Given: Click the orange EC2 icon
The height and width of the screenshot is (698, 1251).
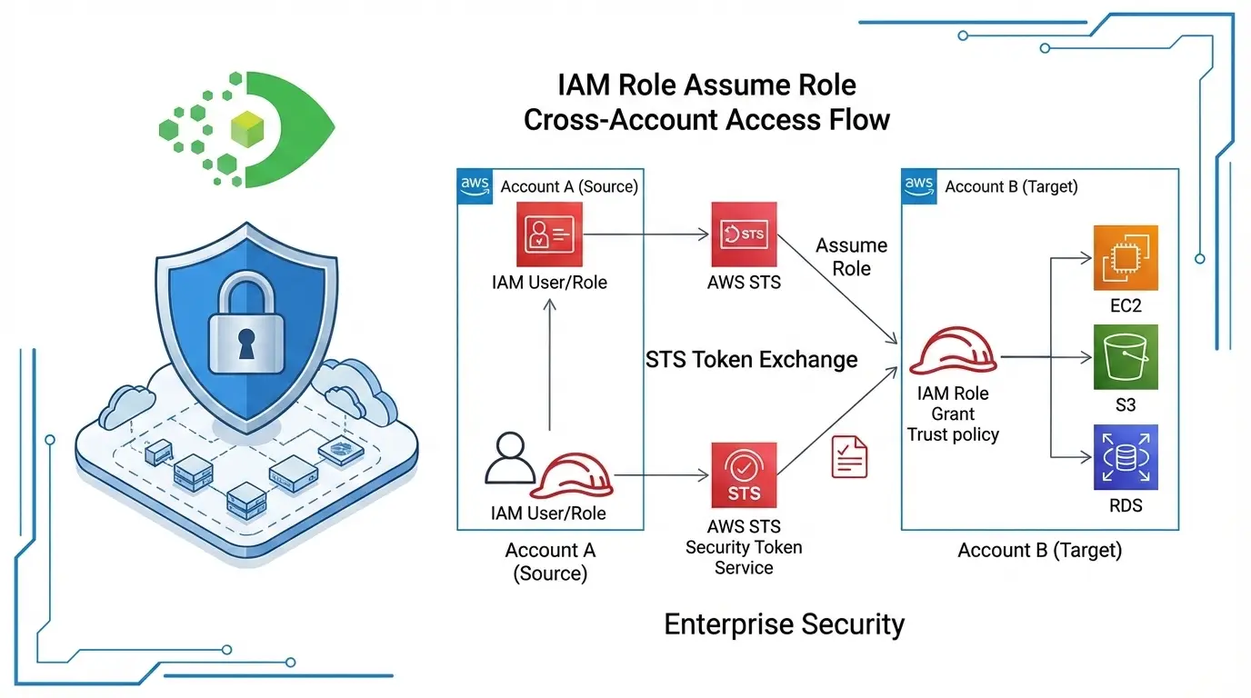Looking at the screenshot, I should tap(1126, 256).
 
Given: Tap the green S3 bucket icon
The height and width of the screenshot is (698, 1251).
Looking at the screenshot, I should tap(1126, 356).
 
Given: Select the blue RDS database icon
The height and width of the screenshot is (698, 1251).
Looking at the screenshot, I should tap(1126, 457).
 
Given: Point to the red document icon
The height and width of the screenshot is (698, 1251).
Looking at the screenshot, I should tap(850, 457).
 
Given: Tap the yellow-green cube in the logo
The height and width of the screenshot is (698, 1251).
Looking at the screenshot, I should tap(247, 130).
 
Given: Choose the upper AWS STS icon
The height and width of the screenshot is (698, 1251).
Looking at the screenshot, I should tap(744, 234).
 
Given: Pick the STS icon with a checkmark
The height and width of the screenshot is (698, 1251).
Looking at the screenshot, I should tap(744, 474).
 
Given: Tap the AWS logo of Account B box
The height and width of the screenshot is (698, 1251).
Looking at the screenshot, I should tap(919, 184).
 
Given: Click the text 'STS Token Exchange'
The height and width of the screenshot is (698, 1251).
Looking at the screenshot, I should tap(751, 359).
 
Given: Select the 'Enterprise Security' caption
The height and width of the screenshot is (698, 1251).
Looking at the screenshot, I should tap(784, 624).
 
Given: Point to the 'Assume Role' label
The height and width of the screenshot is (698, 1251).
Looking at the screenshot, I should tap(851, 257).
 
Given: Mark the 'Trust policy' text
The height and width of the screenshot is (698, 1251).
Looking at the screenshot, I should tap(953, 434).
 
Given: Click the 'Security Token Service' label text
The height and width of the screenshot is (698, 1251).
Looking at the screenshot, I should tap(744, 557).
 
